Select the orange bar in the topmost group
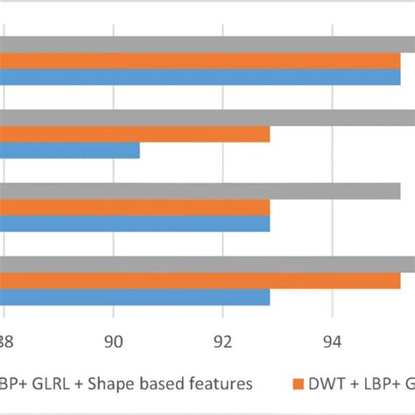coord(200,60)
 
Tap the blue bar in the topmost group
coord(200,77)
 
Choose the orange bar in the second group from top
coord(135,134)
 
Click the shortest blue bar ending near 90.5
coord(70,151)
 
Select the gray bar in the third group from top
coord(200,191)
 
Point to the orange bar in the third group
coord(135,207)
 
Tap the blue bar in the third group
coord(135,223)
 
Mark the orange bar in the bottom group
coord(200,280)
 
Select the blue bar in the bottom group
coord(135,297)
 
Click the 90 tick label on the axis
coord(114,342)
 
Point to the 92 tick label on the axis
coord(223,342)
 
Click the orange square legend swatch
coord(297,383)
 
